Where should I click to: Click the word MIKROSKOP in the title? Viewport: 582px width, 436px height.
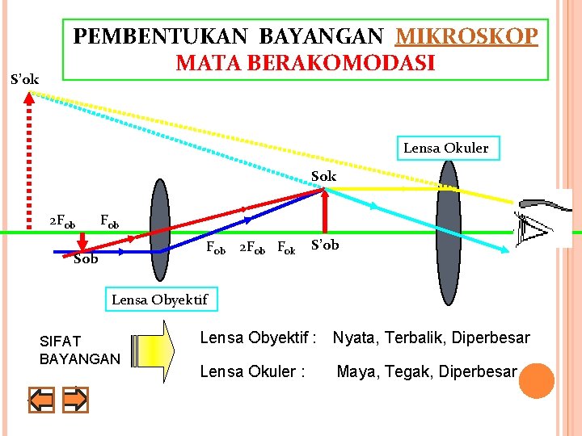[466, 36]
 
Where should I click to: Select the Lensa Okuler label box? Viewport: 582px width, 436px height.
[446, 148]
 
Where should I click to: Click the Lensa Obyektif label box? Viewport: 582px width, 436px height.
[159, 300]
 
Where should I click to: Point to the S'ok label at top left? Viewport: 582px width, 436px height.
[24, 79]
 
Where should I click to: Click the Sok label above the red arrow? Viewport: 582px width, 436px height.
[323, 176]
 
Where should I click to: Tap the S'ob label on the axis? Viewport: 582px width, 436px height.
[325, 245]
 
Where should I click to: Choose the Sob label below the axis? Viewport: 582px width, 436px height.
[86, 259]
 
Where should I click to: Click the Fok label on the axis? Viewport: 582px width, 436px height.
[286, 246]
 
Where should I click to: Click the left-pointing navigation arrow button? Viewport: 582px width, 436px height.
[41, 400]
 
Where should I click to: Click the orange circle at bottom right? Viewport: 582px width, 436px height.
[536, 381]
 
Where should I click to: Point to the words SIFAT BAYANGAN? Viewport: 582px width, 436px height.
[79, 350]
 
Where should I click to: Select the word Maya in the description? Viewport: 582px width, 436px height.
[354, 372]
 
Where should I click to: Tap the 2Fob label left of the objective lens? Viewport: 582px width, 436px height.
[62, 220]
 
